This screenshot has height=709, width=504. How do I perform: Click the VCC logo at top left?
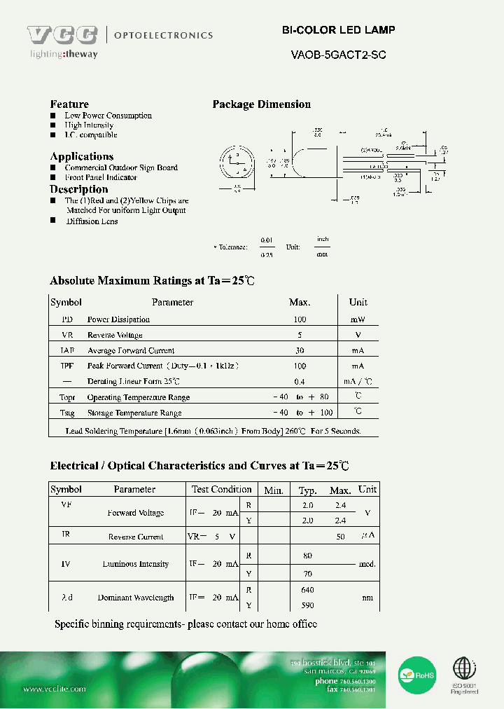click(x=62, y=35)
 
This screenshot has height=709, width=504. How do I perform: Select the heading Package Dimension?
click(x=261, y=104)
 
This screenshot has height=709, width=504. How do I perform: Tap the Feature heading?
click(x=69, y=104)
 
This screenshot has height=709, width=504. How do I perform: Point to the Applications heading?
click(x=81, y=156)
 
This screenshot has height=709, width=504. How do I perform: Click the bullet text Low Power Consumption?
click(x=108, y=116)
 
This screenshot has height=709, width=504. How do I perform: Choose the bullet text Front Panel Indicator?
click(x=101, y=177)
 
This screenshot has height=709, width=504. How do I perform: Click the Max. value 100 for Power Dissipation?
click(x=300, y=319)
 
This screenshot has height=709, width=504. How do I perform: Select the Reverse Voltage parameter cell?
click(x=115, y=335)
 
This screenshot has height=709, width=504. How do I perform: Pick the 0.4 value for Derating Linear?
click(x=300, y=381)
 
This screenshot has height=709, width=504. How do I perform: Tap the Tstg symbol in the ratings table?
click(x=66, y=413)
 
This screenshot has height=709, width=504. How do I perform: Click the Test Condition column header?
click(x=221, y=489)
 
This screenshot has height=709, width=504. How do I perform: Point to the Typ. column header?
click(x=308, y=490)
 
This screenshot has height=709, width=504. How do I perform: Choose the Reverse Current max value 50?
click(x=341, y=537)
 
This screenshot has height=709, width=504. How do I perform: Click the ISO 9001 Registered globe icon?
click(x=464, y=670)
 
